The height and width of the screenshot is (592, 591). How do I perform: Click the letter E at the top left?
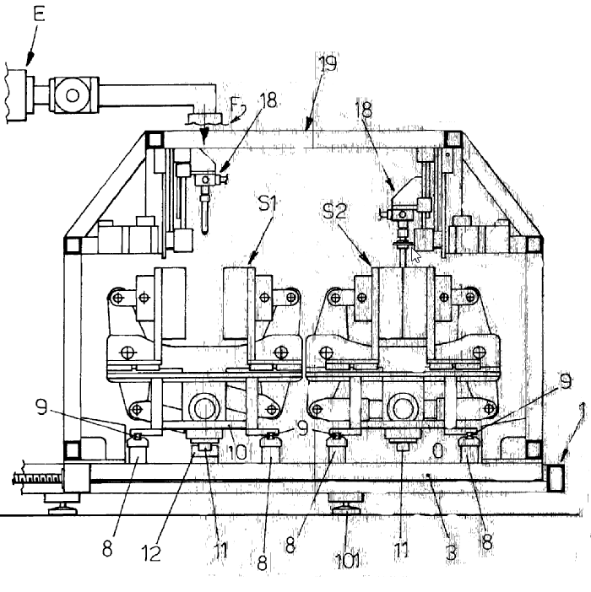click(x=39, y=14)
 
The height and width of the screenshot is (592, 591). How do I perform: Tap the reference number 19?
click(x=328, y=64)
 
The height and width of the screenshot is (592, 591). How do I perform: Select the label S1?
click(x=268, y=204)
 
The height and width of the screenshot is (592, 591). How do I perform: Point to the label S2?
click(x=335, y=211)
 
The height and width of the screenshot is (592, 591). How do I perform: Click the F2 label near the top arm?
click(x=238, y=105)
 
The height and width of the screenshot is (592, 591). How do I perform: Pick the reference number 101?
click(x=348, y=561)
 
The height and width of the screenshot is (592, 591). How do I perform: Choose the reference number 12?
click(x=151, y=553)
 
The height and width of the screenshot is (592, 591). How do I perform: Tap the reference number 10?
click(x=237, y=452)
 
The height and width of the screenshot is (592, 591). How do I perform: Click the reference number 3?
click(x=451, y=553)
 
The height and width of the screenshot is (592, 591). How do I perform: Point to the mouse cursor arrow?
click(x=415, y=255)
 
